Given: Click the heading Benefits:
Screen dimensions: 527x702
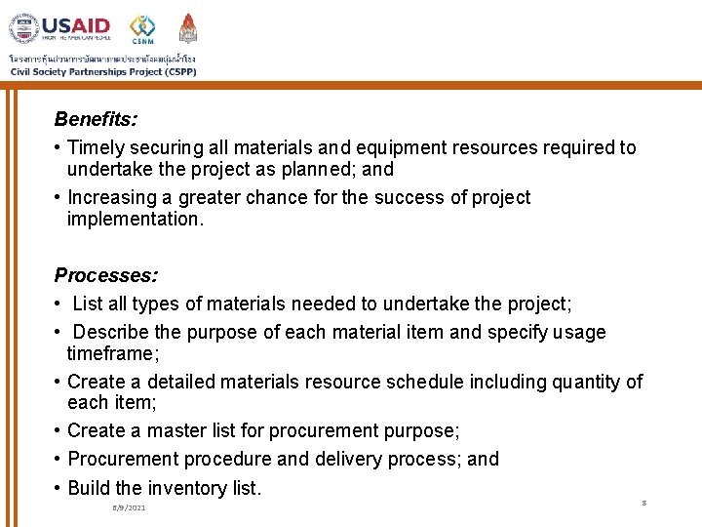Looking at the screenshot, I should pyautogui.click(x=96, y=119).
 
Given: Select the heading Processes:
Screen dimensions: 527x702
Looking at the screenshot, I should pyautogui.click(x=106, y=276).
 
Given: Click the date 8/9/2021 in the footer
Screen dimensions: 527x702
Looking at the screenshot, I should pyautogui.click(x=130, y=508).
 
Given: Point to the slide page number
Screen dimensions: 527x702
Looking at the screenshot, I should pyautogui.click(x=644, y=503).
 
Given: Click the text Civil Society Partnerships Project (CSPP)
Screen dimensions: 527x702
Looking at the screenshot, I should pyautogui.click(x=102, y=70).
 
